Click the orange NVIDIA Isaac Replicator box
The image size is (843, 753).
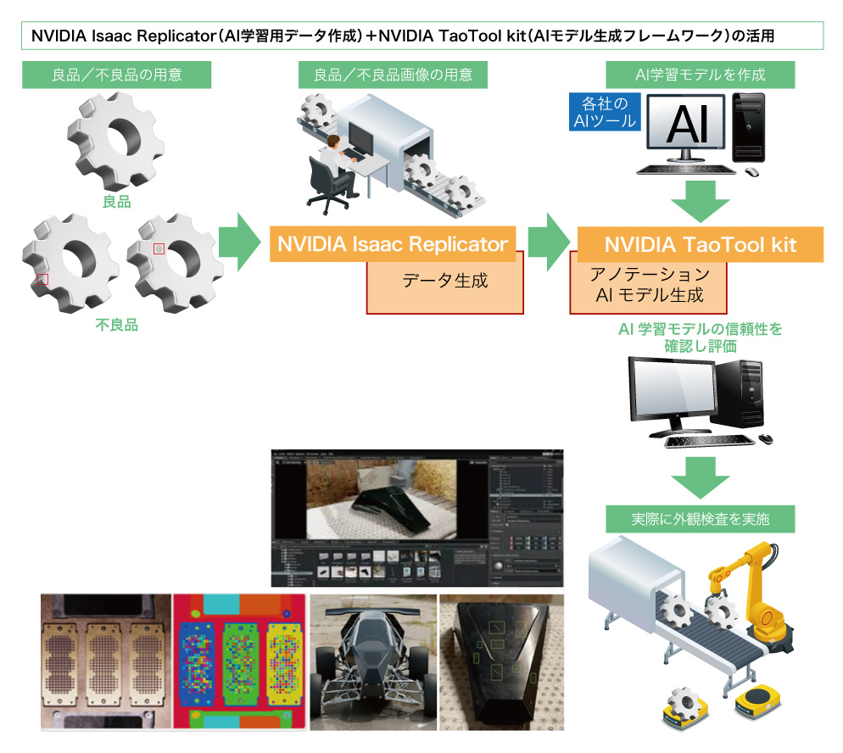(392, 244)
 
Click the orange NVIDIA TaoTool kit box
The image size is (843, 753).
(700, 244)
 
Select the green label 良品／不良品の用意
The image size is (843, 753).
(116, 75)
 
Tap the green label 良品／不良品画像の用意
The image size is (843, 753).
(394, 75)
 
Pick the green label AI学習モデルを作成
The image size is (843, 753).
(700, 75)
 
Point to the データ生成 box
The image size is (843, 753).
(444, 283)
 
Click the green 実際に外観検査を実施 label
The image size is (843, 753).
(700, 518)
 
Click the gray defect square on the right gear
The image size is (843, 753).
(159, 248)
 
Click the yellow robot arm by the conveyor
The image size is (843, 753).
(759, 594)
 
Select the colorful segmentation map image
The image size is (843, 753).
(239, 661)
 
